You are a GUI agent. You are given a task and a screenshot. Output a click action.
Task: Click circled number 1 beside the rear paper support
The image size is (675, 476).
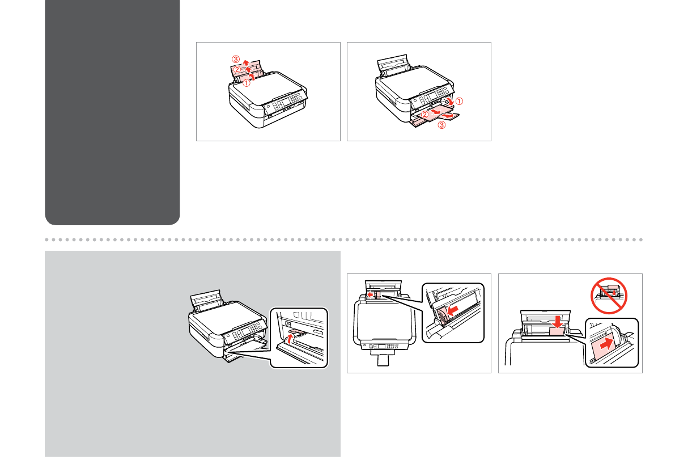(x=245, y=82)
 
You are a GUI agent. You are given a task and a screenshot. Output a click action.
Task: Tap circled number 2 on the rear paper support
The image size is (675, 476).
(x=237, y=70)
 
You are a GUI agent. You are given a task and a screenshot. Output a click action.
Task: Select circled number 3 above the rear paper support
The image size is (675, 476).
(x=235, y=58)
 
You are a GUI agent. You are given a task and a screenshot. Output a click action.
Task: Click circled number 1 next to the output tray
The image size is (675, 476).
(x=460, y=103)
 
